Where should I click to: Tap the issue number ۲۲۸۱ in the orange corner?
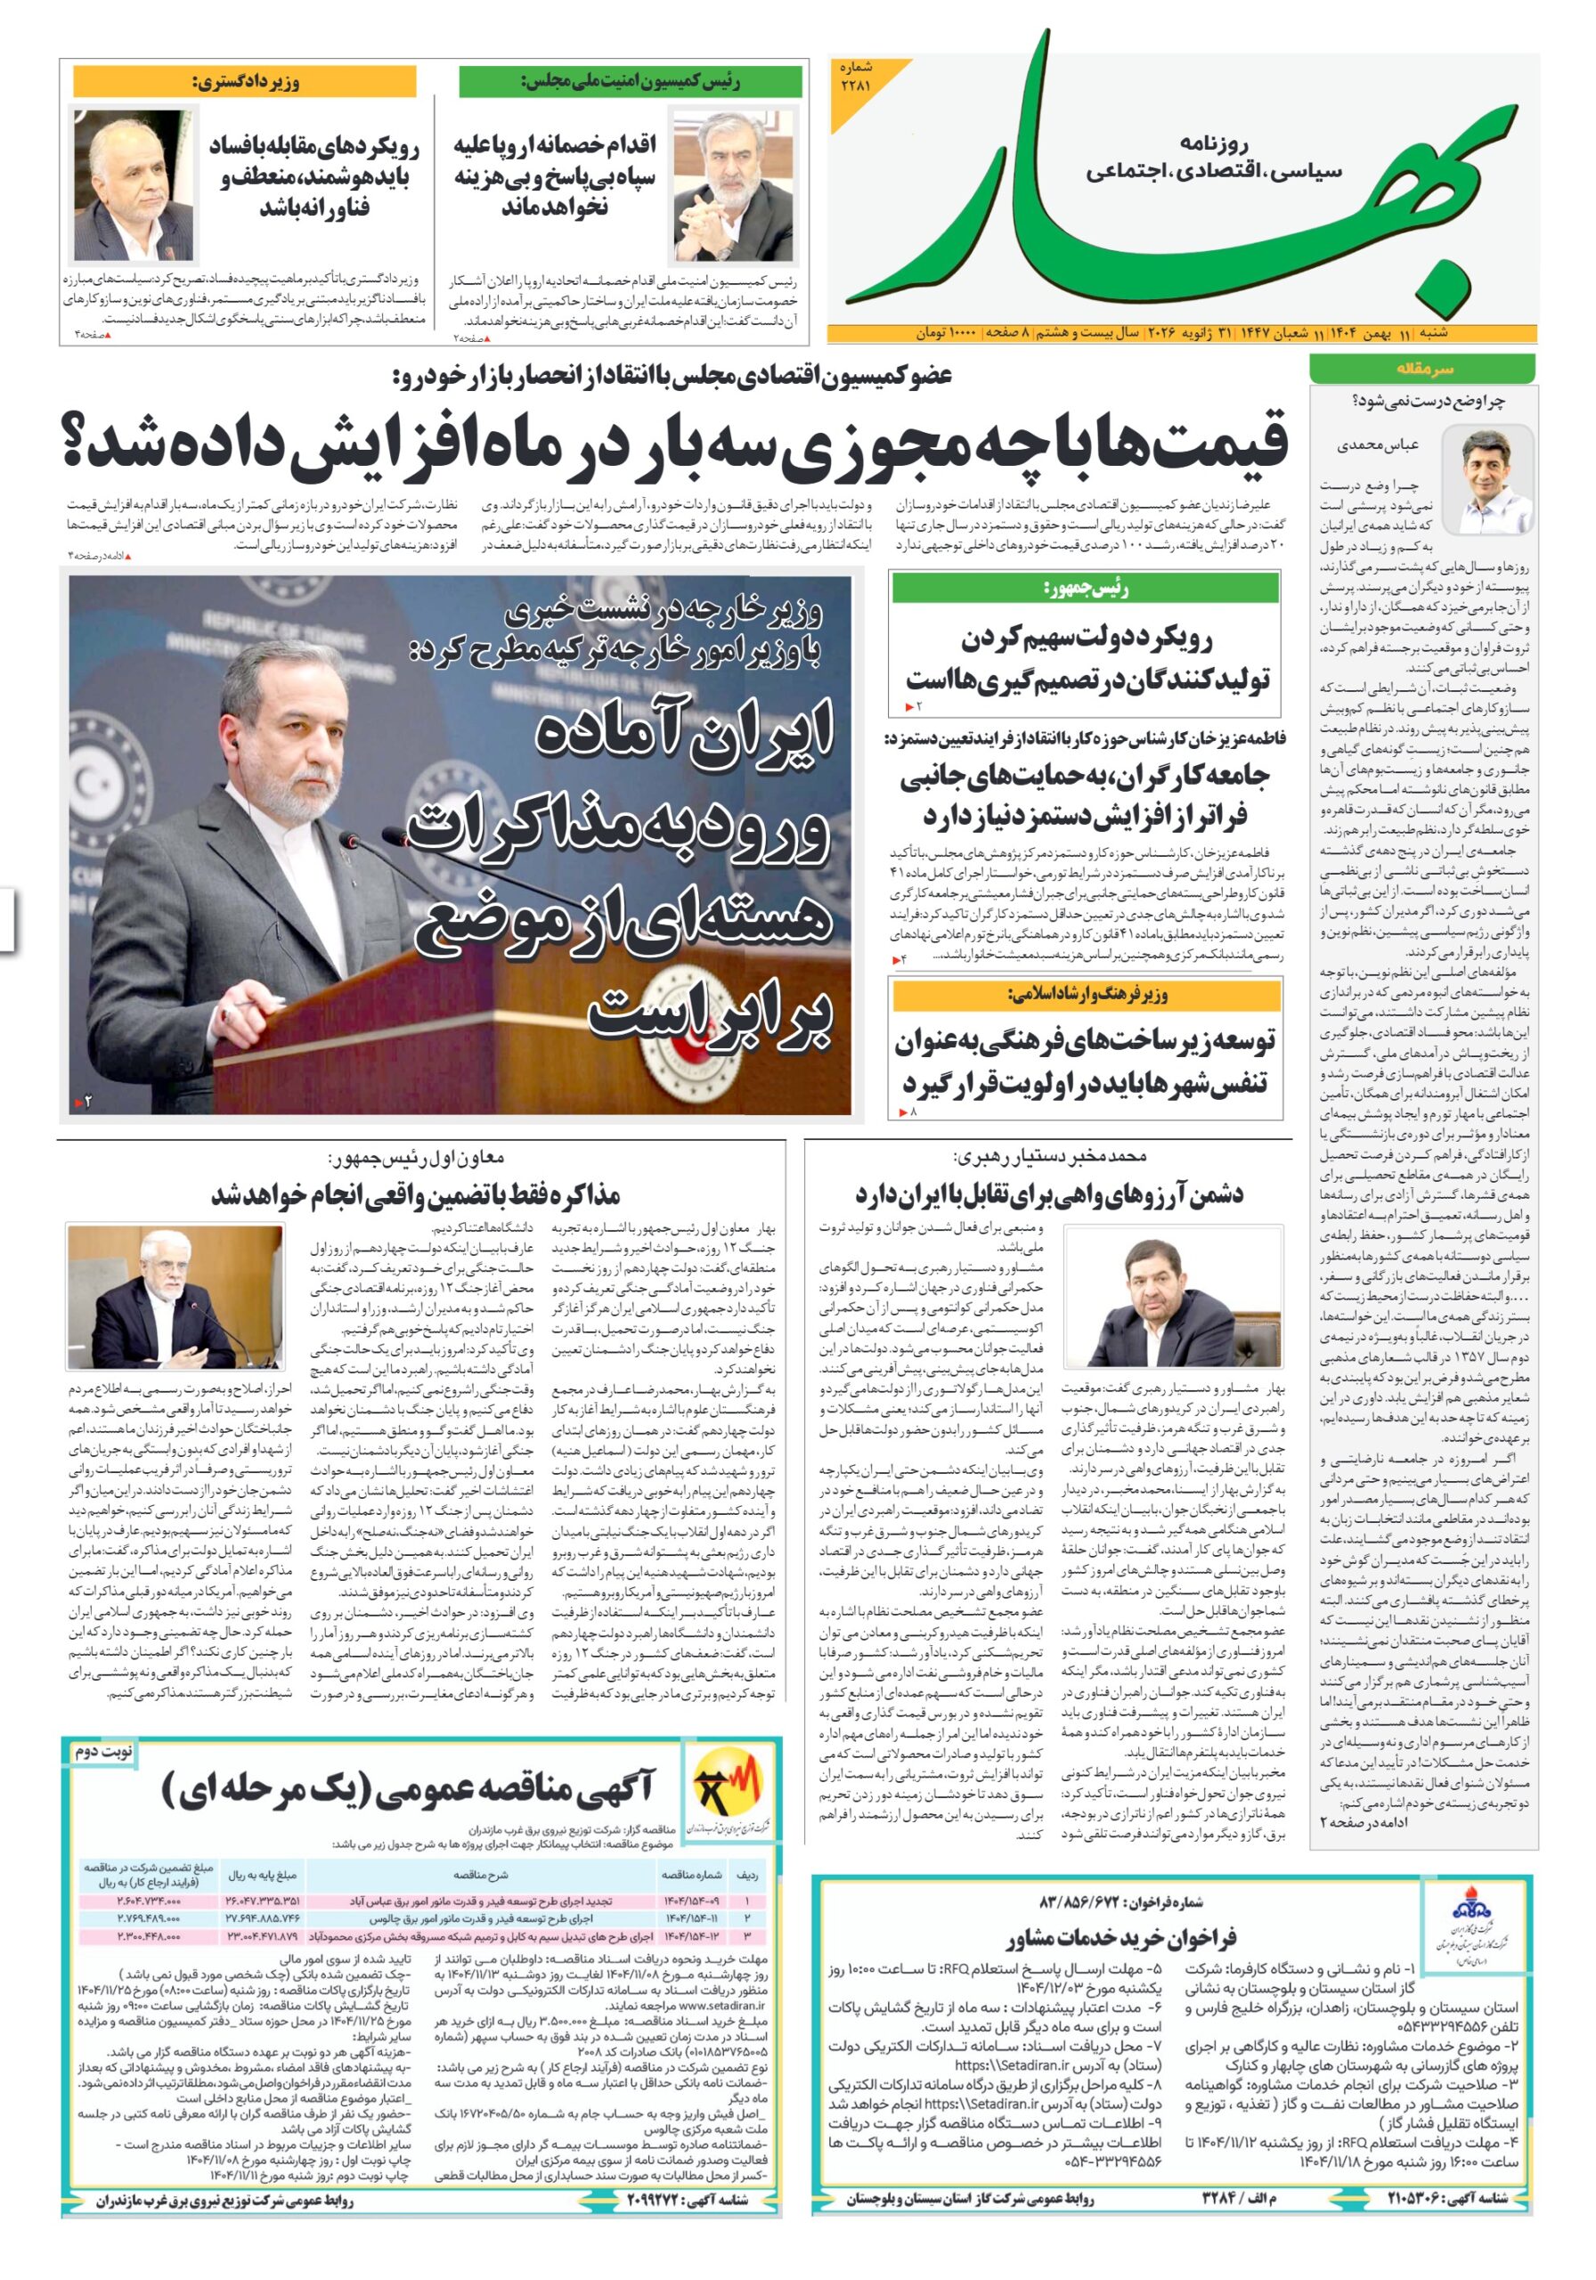[855, 77]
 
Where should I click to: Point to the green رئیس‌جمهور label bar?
[1085, 589]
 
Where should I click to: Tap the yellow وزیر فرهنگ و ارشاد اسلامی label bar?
[1085, 994]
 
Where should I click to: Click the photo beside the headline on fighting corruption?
[132, 183]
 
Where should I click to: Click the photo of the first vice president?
[174, 1297]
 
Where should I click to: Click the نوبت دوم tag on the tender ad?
[102, 1751]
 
